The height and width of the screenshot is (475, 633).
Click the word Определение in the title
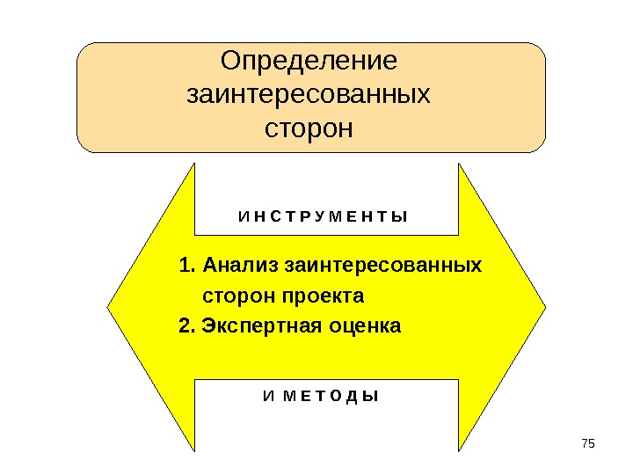coord(309,62)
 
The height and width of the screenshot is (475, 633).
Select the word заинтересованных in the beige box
coord(309,94)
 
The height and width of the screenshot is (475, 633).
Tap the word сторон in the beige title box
coord(309,128)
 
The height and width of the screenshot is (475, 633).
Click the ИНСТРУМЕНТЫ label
coord(323,216)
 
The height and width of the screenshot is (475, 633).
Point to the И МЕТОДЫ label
coord(321,396)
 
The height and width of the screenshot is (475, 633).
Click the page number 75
coord(588,441)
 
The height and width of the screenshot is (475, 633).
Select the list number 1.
coord(184,265)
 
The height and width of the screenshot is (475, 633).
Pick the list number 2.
coord(184,326)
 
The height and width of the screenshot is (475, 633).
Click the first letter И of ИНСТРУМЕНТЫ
coord(243,216)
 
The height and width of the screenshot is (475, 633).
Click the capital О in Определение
coord(230,62)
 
